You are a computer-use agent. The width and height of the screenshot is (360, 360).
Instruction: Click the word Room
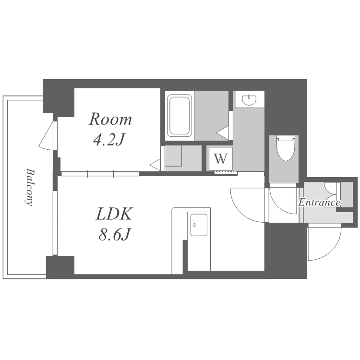click(110, 120)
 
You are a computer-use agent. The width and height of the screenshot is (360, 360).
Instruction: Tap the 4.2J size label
click(109, 140)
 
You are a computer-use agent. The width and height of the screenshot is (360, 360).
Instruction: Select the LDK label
click(114, 214)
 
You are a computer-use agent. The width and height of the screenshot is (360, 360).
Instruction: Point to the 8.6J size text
click(115, 234)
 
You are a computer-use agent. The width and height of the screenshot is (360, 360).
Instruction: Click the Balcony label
click(29, 187)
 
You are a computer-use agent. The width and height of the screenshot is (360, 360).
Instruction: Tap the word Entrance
click(319, 203)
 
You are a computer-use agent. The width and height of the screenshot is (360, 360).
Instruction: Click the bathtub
click(180, 116)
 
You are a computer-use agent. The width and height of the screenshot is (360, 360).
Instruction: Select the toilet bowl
click(286, 148)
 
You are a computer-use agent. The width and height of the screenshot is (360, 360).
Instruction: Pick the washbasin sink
click(249, 100)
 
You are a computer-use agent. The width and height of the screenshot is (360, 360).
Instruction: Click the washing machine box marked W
click(220, 159)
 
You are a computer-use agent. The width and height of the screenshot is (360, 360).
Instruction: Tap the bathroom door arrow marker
click(223, 132)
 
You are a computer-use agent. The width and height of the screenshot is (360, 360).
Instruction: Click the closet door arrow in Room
click(155, 164)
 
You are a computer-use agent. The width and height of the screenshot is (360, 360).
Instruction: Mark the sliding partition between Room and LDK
click(100, 174)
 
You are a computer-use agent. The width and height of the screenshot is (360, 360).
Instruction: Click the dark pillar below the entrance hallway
click(286, 251)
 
